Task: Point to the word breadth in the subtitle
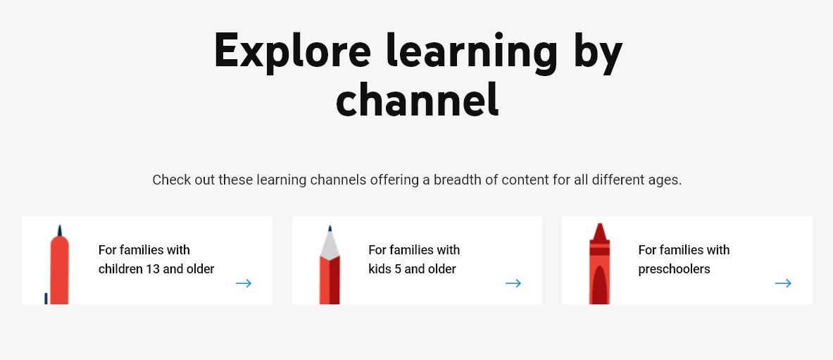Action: (x=458, y=180)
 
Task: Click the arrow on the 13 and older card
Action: (x=244, y=283)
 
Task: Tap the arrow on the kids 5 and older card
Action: (x=513, y=283)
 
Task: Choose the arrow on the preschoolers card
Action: (x=783, y=283)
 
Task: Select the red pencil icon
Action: (x=330, y=266)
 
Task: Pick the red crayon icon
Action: (x=599, y=264)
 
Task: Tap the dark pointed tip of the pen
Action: (x=59, y=231)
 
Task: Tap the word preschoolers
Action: (x=674, y=269)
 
